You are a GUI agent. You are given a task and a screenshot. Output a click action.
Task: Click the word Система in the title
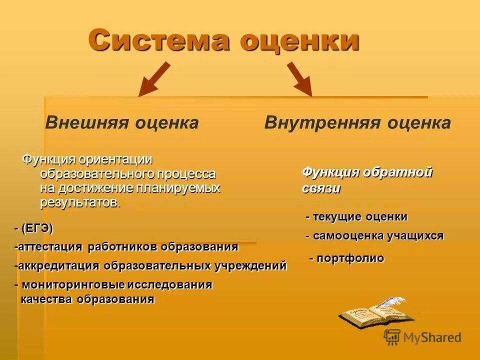coord(158,40)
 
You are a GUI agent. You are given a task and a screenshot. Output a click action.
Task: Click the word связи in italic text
coord(321,188)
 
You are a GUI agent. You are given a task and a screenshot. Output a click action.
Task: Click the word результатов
coord(80,202)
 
